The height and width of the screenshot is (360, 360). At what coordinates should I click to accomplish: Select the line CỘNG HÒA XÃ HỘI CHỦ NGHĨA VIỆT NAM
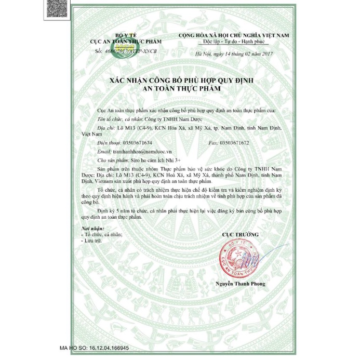[x=233, y=34]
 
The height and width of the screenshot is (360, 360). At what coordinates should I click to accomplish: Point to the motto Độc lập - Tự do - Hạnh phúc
[x=234, y=41]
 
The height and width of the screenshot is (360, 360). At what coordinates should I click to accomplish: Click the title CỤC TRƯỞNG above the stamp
[x=240, y=235]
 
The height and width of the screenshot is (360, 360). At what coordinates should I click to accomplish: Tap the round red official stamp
[x=241, y=258]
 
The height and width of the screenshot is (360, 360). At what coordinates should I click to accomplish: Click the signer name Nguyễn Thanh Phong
[x=241, y=284]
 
